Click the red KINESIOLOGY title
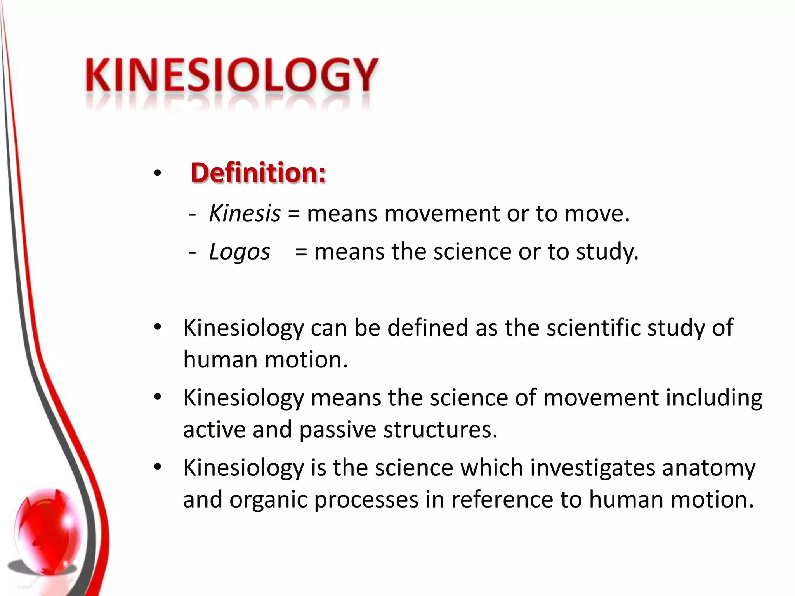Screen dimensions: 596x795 (x=231, y=75)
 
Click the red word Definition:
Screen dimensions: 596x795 (x=258, y=172)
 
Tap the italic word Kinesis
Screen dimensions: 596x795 (x=245, y=213)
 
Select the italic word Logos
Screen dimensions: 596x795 (x=240, y=252)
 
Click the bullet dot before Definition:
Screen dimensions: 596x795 (x=157, y=173)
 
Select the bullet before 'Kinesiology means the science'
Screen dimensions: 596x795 (x=157, y=397)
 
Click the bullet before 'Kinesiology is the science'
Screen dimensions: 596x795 (x=157, y=467)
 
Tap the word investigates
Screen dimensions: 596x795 (x=592, y=468)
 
